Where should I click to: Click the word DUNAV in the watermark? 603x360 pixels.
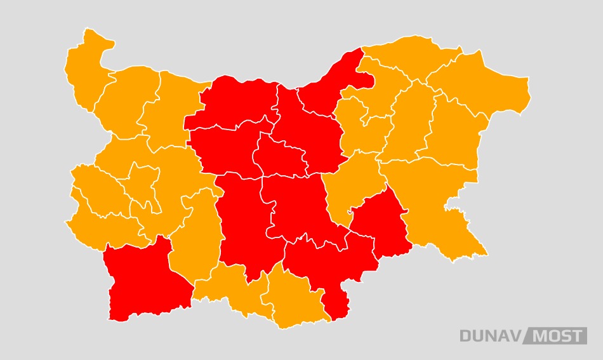[491, 336]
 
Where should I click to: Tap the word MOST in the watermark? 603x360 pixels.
[557, 336]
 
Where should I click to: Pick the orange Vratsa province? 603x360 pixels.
[171, 108]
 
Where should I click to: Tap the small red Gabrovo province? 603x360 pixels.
[279, 156]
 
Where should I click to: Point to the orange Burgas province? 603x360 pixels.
[438, 203]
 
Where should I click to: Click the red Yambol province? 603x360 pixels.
[381, 222]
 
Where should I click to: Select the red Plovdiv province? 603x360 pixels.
[244, 222]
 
